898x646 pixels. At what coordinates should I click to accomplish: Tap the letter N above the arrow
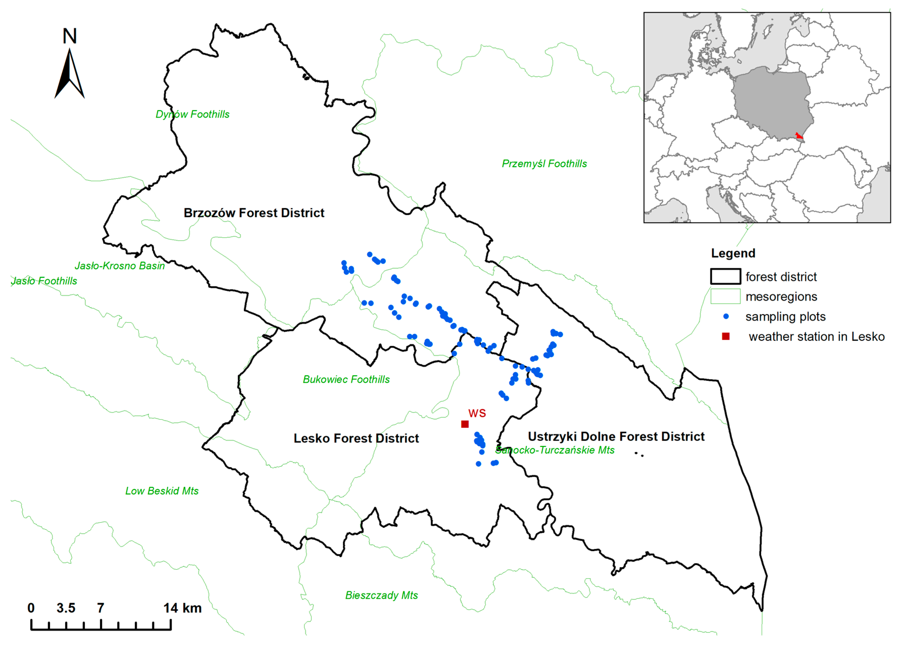pos(70,36)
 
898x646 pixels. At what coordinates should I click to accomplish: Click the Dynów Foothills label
pos(192,114)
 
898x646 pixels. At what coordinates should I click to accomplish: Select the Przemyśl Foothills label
pos(544,164)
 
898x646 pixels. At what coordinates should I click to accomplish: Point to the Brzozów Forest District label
pos(254,213)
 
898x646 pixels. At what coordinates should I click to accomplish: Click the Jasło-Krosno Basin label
pos(120,266)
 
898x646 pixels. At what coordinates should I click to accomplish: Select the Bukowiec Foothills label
pos(346,379)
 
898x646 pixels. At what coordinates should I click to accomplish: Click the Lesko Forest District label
pos(356,438)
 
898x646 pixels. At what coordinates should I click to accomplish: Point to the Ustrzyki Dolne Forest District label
pos(616,436)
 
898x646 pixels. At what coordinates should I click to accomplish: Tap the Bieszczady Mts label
pos(381,595)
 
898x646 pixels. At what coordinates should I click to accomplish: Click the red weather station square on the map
pos(465,424)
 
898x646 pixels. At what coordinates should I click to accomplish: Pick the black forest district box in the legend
pos(725,277)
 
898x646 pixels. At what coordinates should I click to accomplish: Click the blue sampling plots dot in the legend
pos(726,316)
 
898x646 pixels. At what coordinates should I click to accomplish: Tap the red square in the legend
pos(726,336)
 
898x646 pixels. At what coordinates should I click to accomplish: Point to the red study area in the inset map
pos(799,136)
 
